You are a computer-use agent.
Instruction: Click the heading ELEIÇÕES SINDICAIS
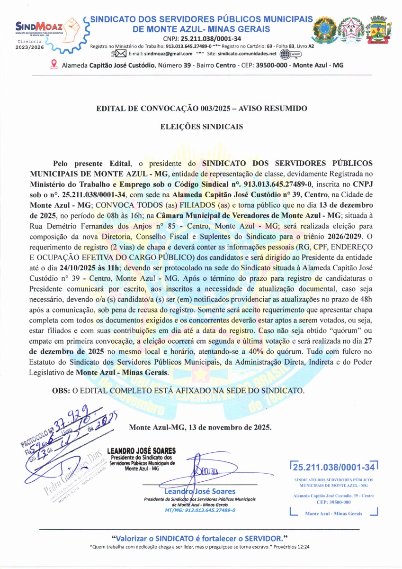202,127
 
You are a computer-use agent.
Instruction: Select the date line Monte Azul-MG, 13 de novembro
200,427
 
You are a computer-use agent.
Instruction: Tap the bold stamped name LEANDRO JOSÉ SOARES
142,450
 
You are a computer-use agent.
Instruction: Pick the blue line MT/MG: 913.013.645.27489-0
200,510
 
